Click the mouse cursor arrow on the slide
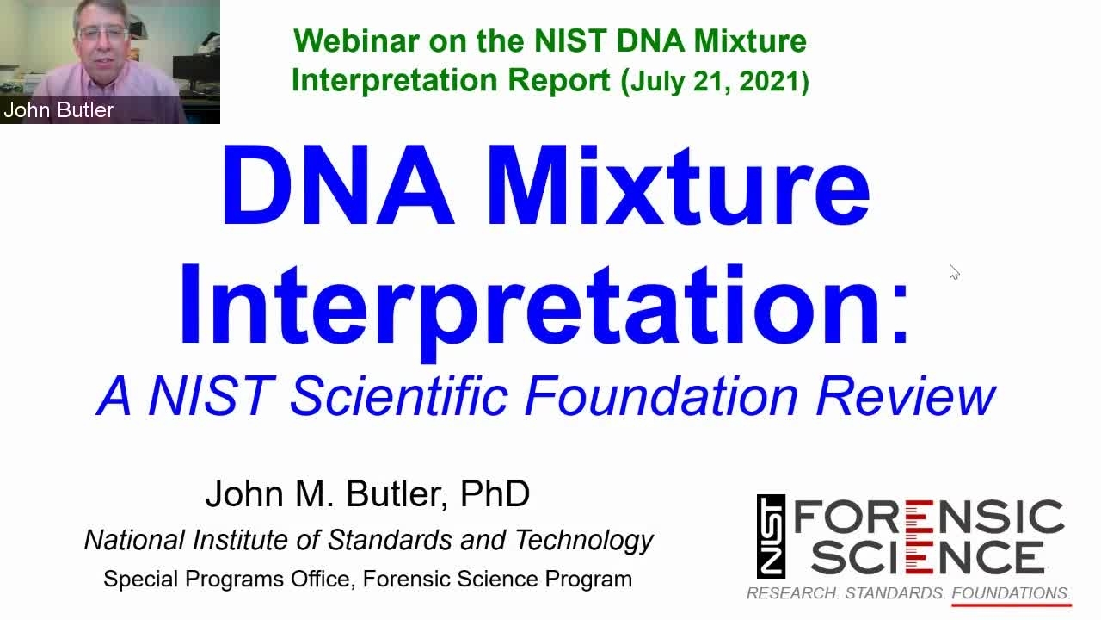954,272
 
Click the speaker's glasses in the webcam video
103,34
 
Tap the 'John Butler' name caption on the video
58,109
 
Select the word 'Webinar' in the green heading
356,40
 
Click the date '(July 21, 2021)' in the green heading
715,81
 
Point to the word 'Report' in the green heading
559,80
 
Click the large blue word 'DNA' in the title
339,185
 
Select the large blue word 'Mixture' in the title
679,185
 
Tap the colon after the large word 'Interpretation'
900,316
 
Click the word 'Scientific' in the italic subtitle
399,396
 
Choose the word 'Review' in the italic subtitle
906,396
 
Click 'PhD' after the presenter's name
495,493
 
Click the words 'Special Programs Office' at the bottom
229,580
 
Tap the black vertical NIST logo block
771,536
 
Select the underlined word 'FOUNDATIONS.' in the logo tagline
1012,593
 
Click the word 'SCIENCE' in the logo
928,557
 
